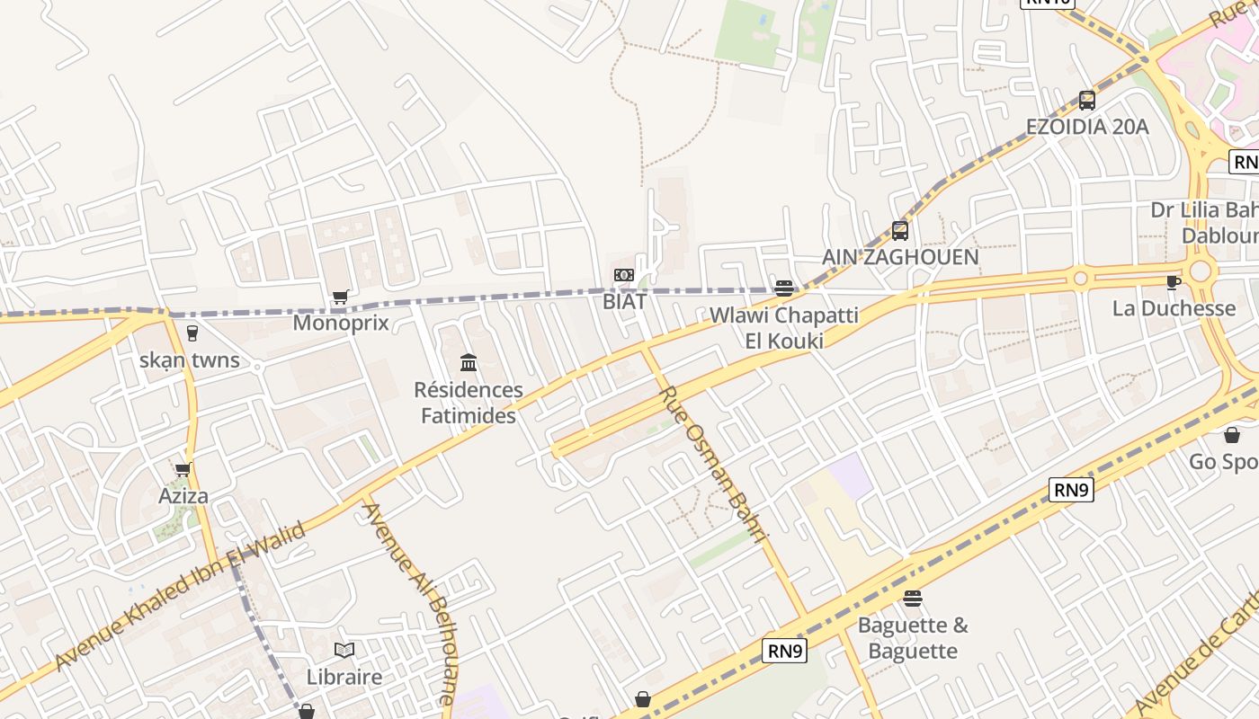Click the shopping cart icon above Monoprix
tap(340, 297)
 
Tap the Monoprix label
tap(341, 323)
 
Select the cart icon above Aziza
tap(183, 470)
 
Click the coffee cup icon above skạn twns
tap(192, 333)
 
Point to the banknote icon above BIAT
tap(624, 275)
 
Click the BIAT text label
tap(624, 302)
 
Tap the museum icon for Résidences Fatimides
tap(469, 363)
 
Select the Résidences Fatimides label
tap(469, 403)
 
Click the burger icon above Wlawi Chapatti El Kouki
tap(784, 288)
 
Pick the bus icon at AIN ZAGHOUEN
tap(900, 230)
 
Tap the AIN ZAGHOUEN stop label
tap(900, 257)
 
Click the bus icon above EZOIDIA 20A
tap(1087, 100)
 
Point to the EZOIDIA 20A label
tap(1088, 127)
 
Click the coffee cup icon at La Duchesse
tap(1174, 282)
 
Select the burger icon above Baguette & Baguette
tap(913, 599)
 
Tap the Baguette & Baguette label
tap(913, 637)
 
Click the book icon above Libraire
tap(344, 650)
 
